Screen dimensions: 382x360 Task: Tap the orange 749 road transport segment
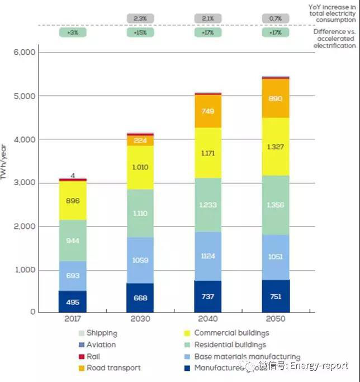[x=209, y=111]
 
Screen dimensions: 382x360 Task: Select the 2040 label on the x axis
[x=209, y=319]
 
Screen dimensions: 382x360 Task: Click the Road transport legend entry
[x=113, y=368]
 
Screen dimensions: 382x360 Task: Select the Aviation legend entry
[x=101, y=345]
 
